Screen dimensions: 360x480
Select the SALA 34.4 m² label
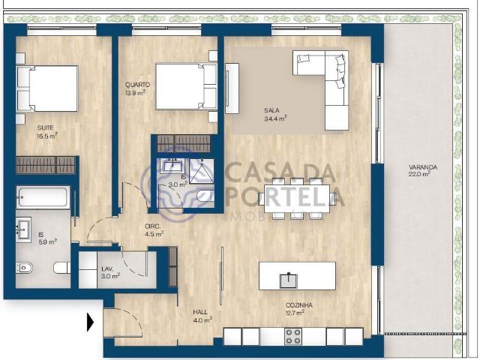[x=276, y=113]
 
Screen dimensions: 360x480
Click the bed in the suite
[x=47, y=88]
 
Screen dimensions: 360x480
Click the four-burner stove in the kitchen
[x=293, y=337]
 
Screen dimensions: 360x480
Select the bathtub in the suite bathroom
[x=43, y=198]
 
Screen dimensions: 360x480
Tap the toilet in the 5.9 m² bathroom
[x=25, y=267]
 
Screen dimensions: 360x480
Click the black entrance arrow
[x=91, y=323]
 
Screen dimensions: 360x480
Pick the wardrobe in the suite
[x=46, y=165]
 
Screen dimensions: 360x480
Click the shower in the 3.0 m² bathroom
[x=200, y=172]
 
